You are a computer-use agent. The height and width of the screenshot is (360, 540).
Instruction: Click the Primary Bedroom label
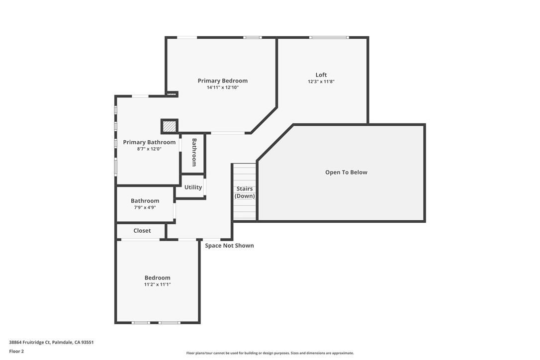(x=222, y=81)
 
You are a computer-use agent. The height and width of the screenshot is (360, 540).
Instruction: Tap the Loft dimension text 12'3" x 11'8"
(x=321, y=82)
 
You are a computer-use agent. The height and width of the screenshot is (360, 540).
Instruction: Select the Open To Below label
(x=346, y=172)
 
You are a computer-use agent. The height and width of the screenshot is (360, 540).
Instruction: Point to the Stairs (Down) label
(x=245, y=192)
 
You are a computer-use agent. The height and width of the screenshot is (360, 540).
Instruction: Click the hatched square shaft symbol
(x=170, y=126)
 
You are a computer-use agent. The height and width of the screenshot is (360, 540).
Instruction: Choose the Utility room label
(x=193, y=187)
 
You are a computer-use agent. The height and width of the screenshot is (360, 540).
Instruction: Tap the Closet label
(x=142, y=230)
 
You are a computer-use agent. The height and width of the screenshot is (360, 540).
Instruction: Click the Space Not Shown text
(x=229, y=246)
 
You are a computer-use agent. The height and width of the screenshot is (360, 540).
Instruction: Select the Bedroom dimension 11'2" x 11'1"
(x=158, y=284)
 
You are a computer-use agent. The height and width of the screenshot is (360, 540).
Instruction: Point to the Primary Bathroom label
(x=149, y=142)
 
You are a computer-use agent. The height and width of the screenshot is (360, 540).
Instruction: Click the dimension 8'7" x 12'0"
(x=149, y=149)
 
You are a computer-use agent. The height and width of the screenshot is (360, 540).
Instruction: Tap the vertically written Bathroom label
(x=194, y=152)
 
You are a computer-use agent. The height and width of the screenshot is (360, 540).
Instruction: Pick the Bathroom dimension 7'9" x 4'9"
(x=145, y=208)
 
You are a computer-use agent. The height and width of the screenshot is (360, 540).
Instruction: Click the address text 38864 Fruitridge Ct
(x=30, y=343)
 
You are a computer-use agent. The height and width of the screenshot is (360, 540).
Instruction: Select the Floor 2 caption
(x=16, y=352)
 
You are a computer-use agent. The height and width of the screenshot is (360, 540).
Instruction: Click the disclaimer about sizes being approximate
(x=270, y=353)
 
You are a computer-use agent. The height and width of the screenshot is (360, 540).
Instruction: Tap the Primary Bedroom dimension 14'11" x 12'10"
(x=222, y=88)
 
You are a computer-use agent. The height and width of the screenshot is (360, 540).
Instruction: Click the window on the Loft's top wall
(x=329, y=37)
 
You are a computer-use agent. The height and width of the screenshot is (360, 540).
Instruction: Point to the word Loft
(x=321, y=75)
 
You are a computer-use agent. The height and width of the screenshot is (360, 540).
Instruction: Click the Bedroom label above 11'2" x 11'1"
(x=158, y=277)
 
